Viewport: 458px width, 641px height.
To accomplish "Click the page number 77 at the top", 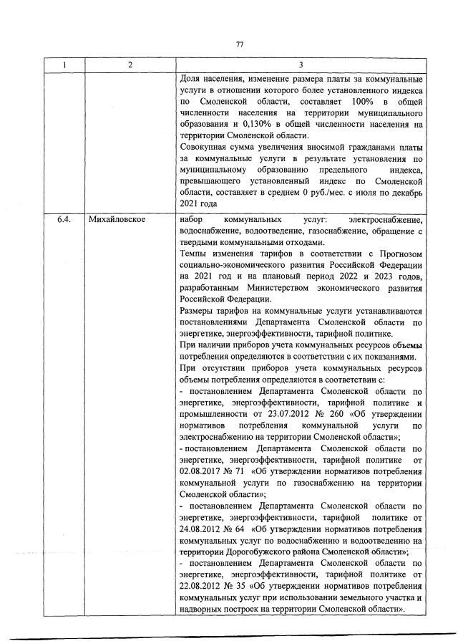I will click(x=240, y=44).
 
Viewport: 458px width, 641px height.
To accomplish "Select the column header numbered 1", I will click(x=64, y=65).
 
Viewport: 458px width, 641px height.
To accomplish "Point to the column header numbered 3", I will click(x=301, y=65).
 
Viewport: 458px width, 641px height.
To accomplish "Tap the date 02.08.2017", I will click(x=201, y=472).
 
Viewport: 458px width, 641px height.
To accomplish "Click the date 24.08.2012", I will click(x=201, y=529).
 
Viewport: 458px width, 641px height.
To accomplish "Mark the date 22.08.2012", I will click(x=201, y=585).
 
